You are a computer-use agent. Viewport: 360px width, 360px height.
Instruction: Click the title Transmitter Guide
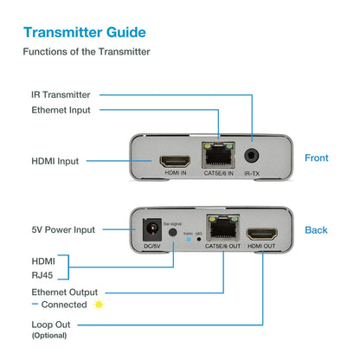click(84, 33)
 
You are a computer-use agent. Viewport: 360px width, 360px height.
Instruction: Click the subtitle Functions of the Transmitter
click(87, 52)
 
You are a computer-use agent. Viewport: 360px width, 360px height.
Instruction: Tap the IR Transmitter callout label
click(61, 94)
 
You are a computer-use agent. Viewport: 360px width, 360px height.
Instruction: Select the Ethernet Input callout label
click(61, 110)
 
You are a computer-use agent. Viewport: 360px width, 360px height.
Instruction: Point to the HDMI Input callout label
click(56, 160)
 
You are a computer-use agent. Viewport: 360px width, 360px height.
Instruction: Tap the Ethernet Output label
click(64, 292)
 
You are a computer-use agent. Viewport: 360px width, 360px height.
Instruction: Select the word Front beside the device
click(317, 157)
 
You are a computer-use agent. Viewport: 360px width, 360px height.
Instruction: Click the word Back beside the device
click(316, 229)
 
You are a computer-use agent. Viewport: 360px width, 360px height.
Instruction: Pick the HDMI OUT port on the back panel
click(260, 233)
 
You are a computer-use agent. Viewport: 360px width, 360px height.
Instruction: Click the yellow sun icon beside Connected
click(99, 305)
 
